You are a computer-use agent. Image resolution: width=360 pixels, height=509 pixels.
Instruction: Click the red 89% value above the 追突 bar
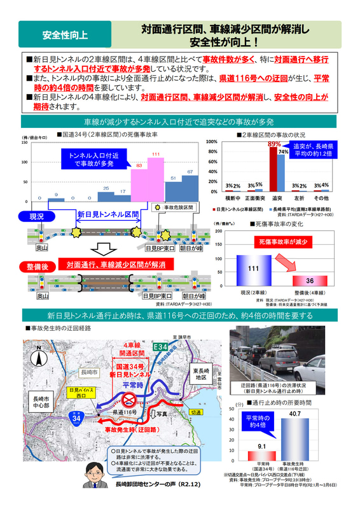pos(274,144)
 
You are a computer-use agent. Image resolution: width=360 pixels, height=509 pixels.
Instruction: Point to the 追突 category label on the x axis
pos(277,198)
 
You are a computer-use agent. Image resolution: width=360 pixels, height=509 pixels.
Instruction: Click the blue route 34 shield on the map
pos(76,418)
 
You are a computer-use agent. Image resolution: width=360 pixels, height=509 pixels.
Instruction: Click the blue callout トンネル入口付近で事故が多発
pos(88,160)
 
